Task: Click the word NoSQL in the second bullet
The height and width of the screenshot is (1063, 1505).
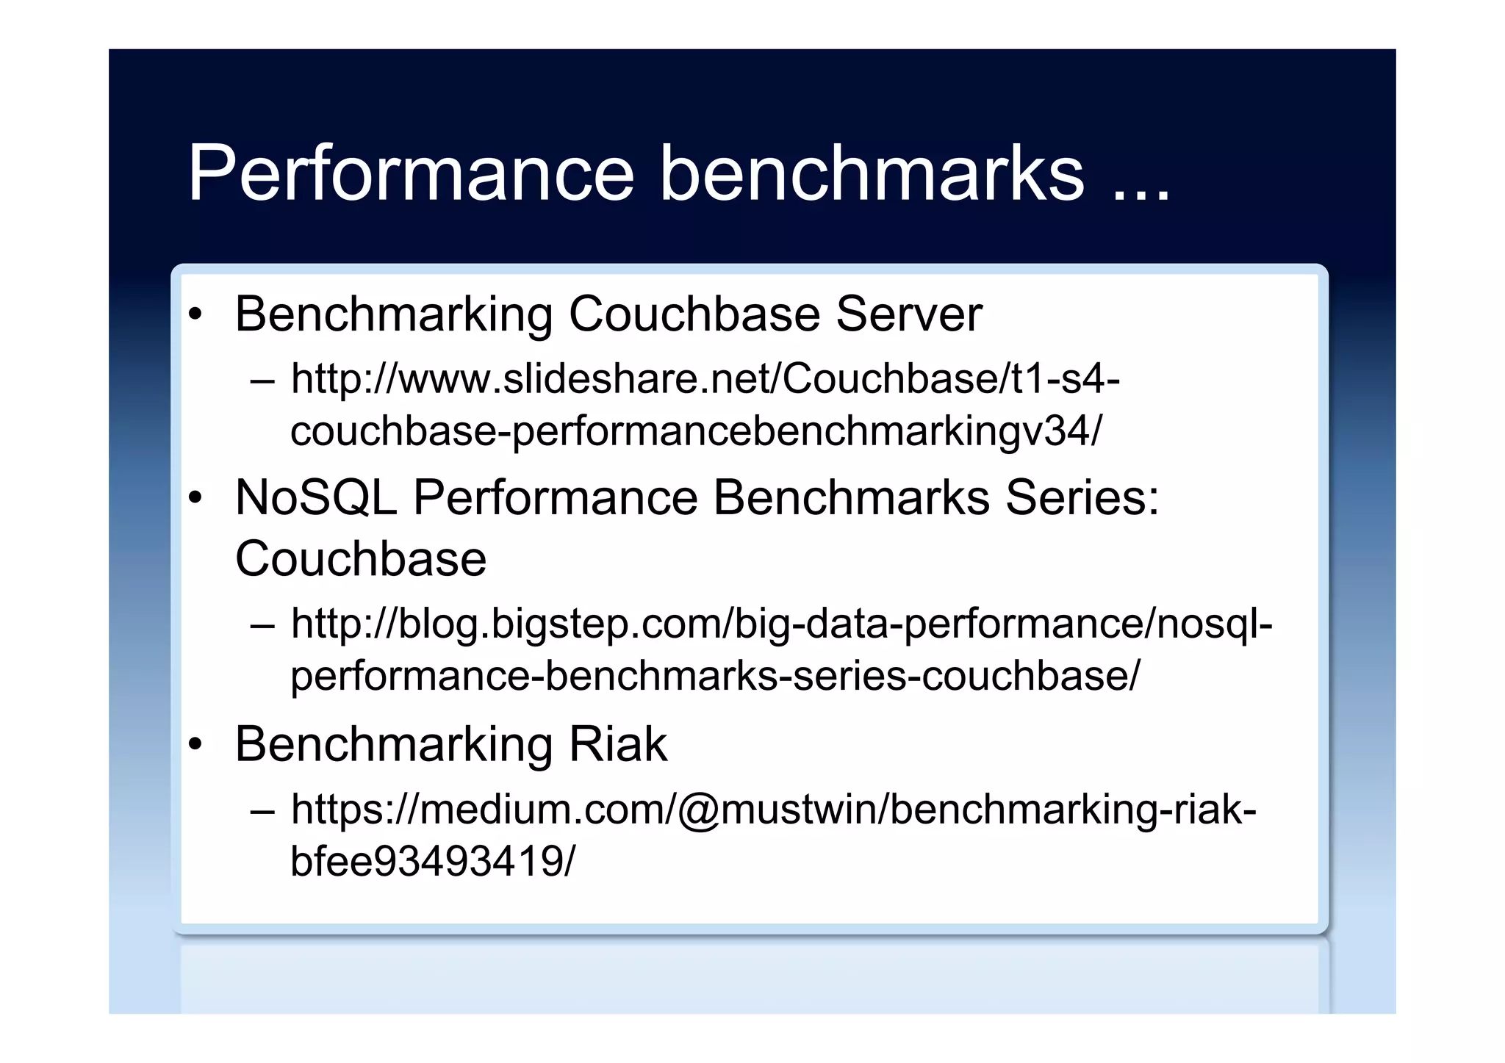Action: tap(316, 497)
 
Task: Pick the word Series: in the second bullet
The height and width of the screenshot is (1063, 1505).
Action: tap(1082, 497)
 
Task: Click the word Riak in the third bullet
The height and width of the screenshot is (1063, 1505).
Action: tap(618, 744)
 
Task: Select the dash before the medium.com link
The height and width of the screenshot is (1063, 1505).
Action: tap(262, 812)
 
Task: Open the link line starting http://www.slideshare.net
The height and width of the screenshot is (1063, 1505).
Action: tap(705, 379)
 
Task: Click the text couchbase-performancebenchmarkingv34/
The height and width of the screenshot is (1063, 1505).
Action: tap(696, 431)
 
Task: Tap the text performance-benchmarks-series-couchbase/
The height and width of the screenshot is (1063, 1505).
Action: tap(714, 676)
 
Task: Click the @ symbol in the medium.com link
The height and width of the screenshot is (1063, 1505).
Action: tap(698, 810)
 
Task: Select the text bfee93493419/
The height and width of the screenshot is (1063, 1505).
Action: tap(433, 861)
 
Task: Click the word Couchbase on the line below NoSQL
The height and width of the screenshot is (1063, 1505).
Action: tap(361, 559)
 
